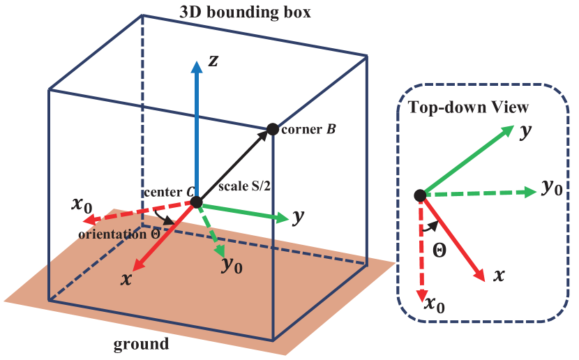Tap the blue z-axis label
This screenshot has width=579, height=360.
214,61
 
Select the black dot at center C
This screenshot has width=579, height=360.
196,202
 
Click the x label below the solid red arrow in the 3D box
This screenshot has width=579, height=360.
126,278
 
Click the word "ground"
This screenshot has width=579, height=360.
141,344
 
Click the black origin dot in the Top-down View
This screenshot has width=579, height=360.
419,196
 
